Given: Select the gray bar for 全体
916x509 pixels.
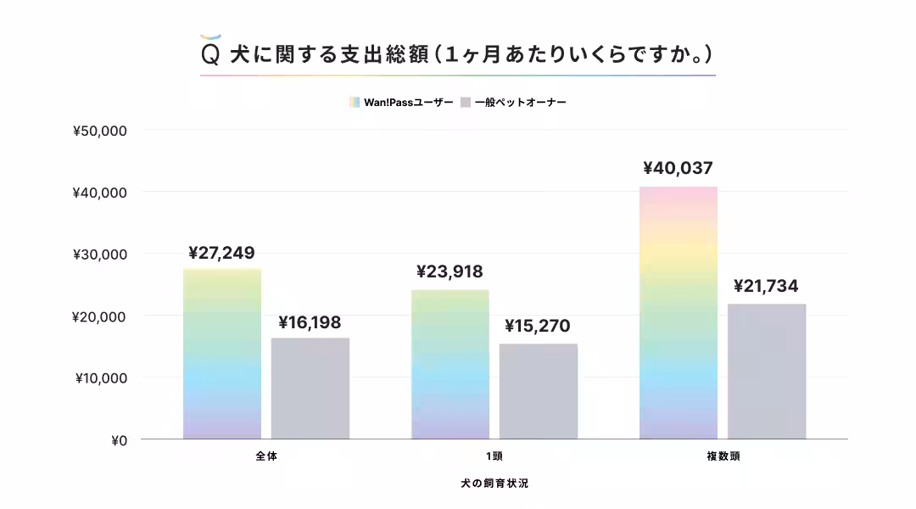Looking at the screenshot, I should tap(310, 389).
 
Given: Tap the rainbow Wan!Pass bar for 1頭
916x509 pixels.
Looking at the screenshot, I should tap(450, 365).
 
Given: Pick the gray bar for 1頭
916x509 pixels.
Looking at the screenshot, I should tap(539, 391).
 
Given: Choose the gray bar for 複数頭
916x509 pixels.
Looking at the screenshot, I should tap(767, 372).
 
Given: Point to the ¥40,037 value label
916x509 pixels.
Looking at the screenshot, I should tap(678, 168).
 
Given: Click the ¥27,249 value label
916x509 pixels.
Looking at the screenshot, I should tap(221, 253).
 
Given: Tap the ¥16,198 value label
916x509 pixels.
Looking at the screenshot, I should tap(310, 322).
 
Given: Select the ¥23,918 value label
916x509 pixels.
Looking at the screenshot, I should tap(450, 272).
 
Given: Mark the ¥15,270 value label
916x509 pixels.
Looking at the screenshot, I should tap(538, 327).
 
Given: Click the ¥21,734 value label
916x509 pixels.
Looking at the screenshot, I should tap(766, 287).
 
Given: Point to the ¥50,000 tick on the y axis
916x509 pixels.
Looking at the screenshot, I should tap(100, 131).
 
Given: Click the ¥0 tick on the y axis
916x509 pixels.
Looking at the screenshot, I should tap(119, 440).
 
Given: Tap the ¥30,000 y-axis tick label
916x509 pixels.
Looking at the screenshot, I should tap(100, 255).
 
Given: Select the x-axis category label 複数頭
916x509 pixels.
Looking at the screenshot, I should tap(723, 456).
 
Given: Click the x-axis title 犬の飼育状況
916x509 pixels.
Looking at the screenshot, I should tap(494, 483).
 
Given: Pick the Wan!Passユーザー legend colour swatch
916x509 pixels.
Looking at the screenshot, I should tap(355, 103).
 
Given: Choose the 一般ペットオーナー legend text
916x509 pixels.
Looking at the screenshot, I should tap(521, 103).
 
